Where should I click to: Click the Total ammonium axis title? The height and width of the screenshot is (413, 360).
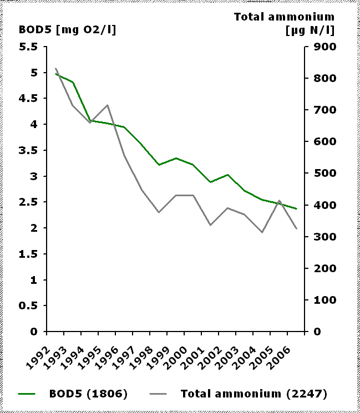pos(285,23)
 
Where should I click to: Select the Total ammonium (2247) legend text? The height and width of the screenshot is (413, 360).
pos(253,394)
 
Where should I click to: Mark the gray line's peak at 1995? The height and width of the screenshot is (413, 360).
pos(107,105)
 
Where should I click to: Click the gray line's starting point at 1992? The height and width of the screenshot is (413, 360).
pos(56,68)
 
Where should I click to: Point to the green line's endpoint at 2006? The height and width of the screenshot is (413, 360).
pos(296,209)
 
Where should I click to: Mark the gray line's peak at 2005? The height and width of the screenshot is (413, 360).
pos(279,201)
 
